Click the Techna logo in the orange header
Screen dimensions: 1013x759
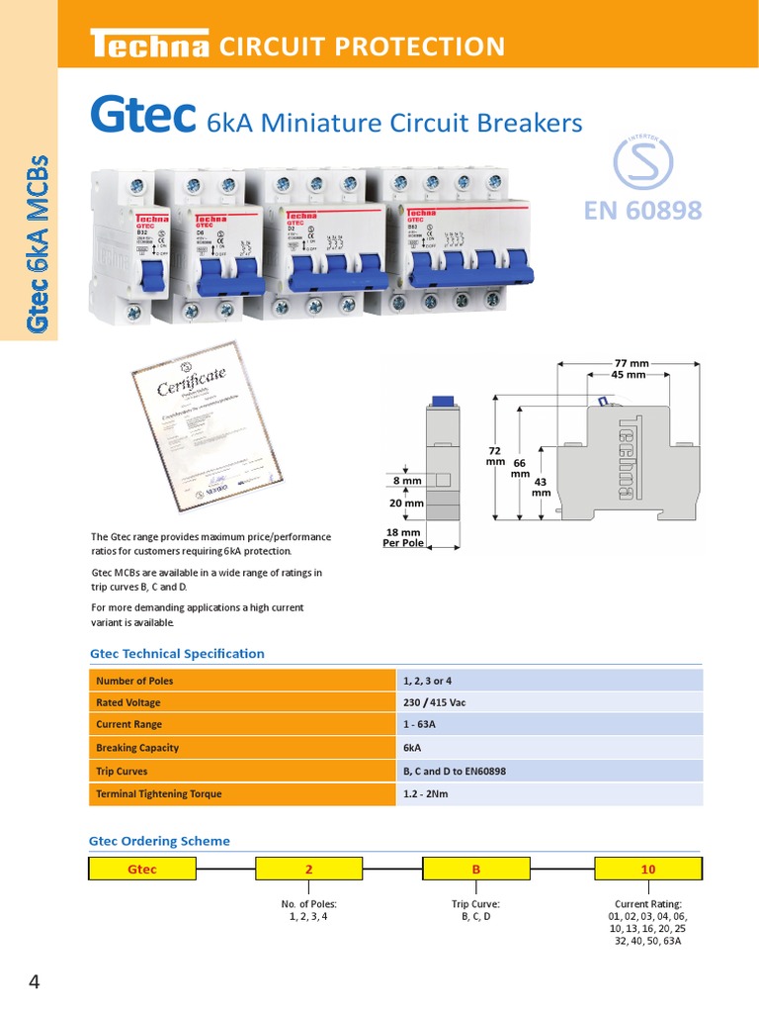click(x=149, y=46)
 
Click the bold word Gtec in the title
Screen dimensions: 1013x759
click(x=140, y=116)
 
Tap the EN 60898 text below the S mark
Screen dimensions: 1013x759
click(x=642, y=210)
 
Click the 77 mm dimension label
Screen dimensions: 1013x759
click(x=630, y=364)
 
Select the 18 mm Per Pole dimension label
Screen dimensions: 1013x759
click(x=403, y=537)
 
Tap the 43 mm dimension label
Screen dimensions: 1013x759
click(x=542, y=487)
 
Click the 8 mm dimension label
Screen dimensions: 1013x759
click(x=407, y=480)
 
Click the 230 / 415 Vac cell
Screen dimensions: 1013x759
click(x=434, y=702)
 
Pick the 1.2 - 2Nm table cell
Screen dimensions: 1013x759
click(x=425, y=793)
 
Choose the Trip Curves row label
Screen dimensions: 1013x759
click(x=122, y=771)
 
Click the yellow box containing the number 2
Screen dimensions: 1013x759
click(x=309, y=870)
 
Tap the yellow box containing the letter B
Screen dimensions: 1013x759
click(x=476, y=870)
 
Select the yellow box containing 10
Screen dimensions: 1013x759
click(x=648, y=870)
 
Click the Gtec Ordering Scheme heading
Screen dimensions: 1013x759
click(x=159, y=841)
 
